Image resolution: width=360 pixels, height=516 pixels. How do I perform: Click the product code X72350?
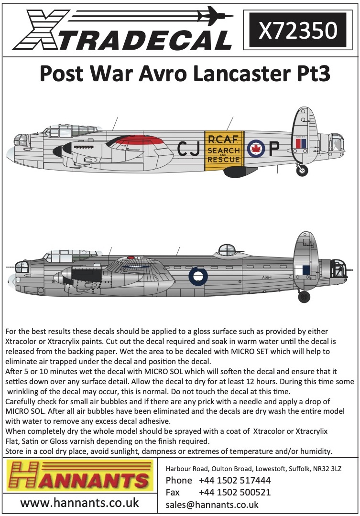297,30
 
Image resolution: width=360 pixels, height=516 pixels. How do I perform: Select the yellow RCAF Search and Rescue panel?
223,150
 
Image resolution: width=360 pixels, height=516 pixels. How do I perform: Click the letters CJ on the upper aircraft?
187,150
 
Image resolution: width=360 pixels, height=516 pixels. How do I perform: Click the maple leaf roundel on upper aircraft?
255,149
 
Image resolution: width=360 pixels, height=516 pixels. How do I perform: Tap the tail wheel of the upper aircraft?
302,170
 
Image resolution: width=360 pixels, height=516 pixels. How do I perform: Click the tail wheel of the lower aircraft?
304,297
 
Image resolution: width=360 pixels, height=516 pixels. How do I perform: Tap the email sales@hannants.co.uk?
212,505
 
